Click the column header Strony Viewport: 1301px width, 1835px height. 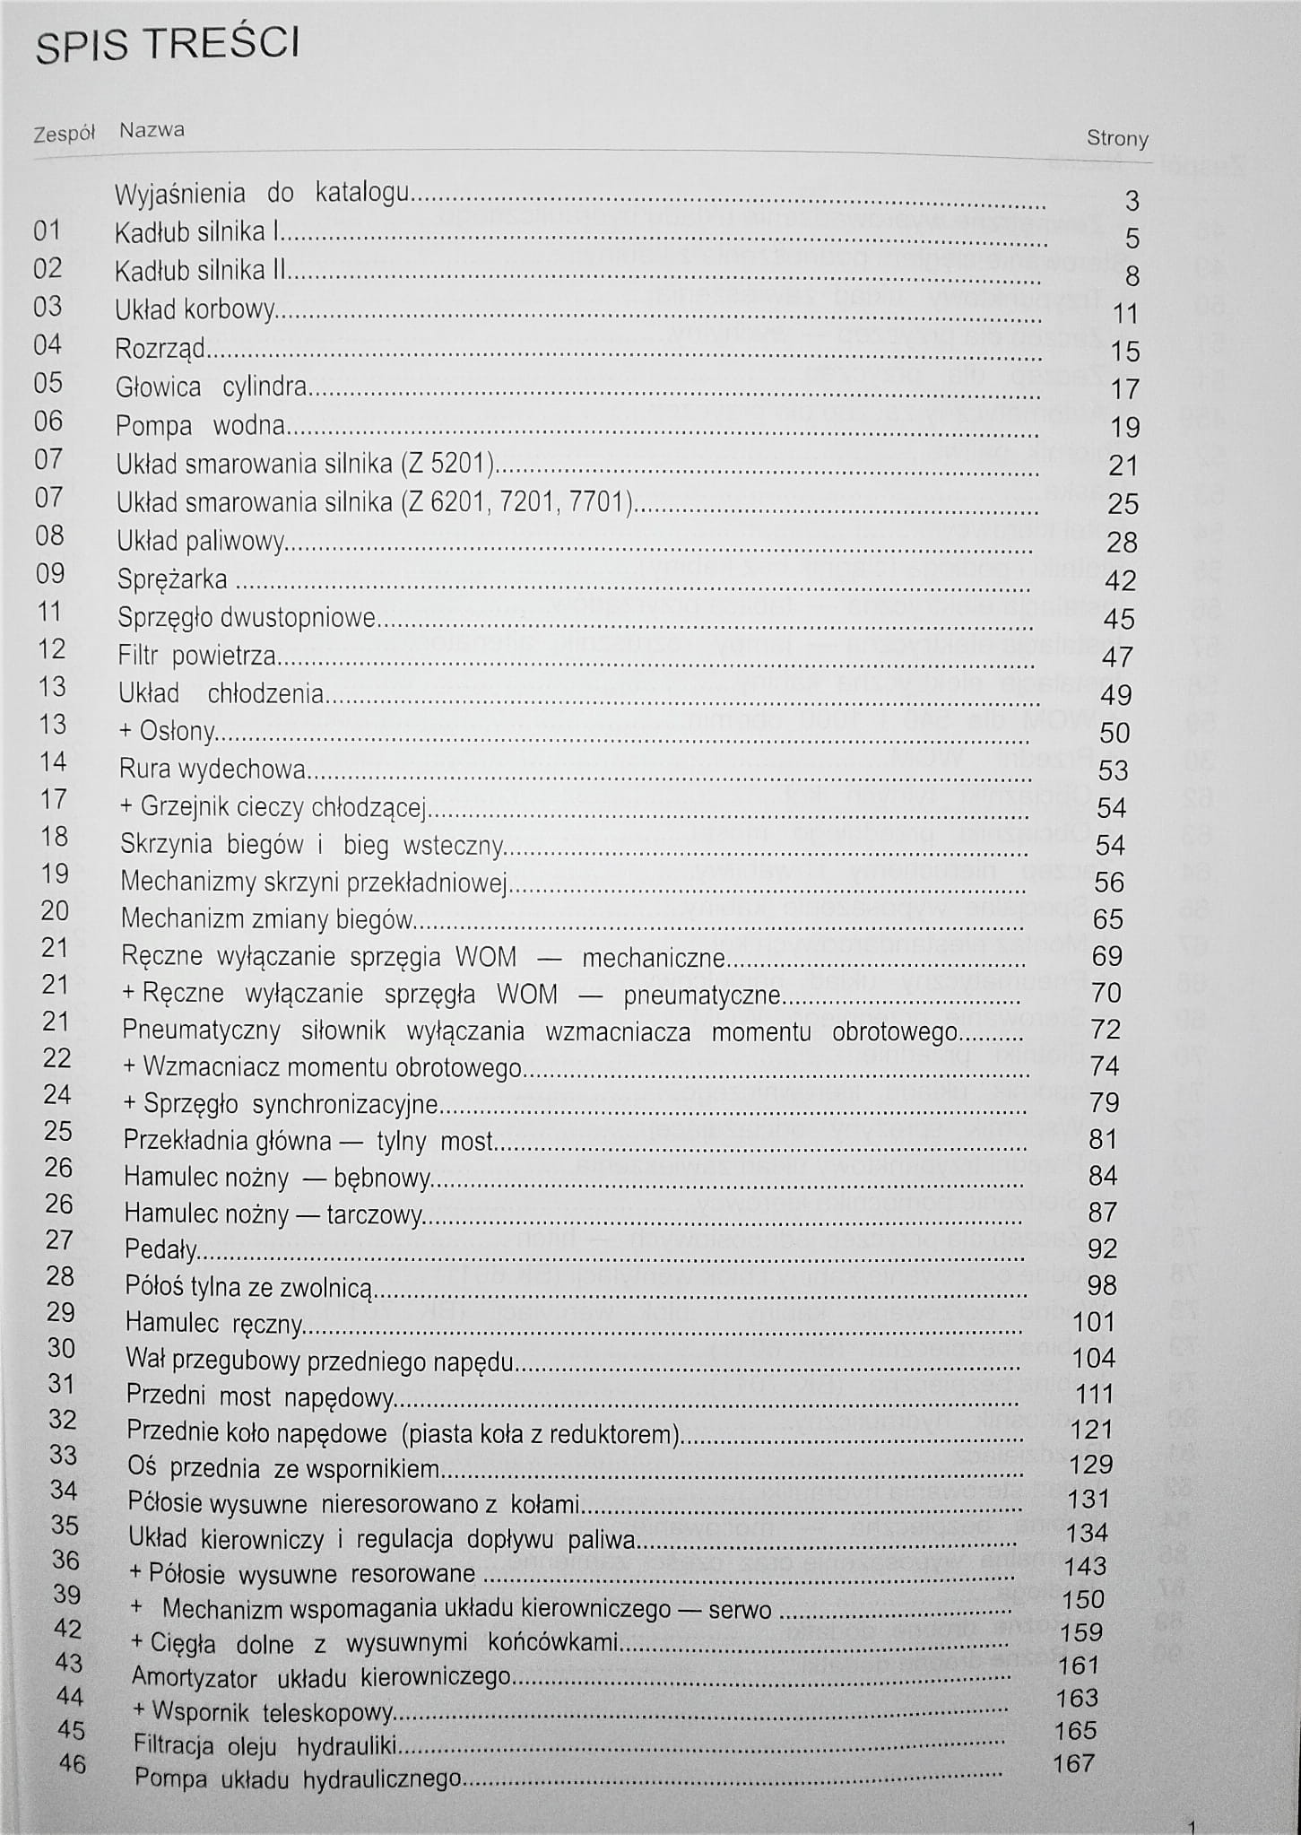click(1116, 139)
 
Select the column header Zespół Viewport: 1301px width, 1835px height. click(64, 135)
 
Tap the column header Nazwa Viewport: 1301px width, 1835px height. click(152, 130)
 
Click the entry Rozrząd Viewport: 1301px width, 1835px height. click(160, 349)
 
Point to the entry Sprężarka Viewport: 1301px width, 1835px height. click(172, 579)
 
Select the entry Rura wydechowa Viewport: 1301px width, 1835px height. click(213, 770)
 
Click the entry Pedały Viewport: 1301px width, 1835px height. click(161, 1249)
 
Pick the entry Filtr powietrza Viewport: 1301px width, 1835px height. click(197, 656)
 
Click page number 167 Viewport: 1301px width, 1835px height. click(1073, 1763)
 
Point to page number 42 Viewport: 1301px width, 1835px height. click(1120, 580)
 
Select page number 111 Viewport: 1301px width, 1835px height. click(1092, 1393)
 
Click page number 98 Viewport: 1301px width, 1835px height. click(1101, 1285)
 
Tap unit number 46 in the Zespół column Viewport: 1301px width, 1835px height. click(72, 1763)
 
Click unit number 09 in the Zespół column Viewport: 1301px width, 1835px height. click(50, 574)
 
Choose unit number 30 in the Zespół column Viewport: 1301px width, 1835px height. click(62, 1348)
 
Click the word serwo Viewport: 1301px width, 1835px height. click(740, 1610)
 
